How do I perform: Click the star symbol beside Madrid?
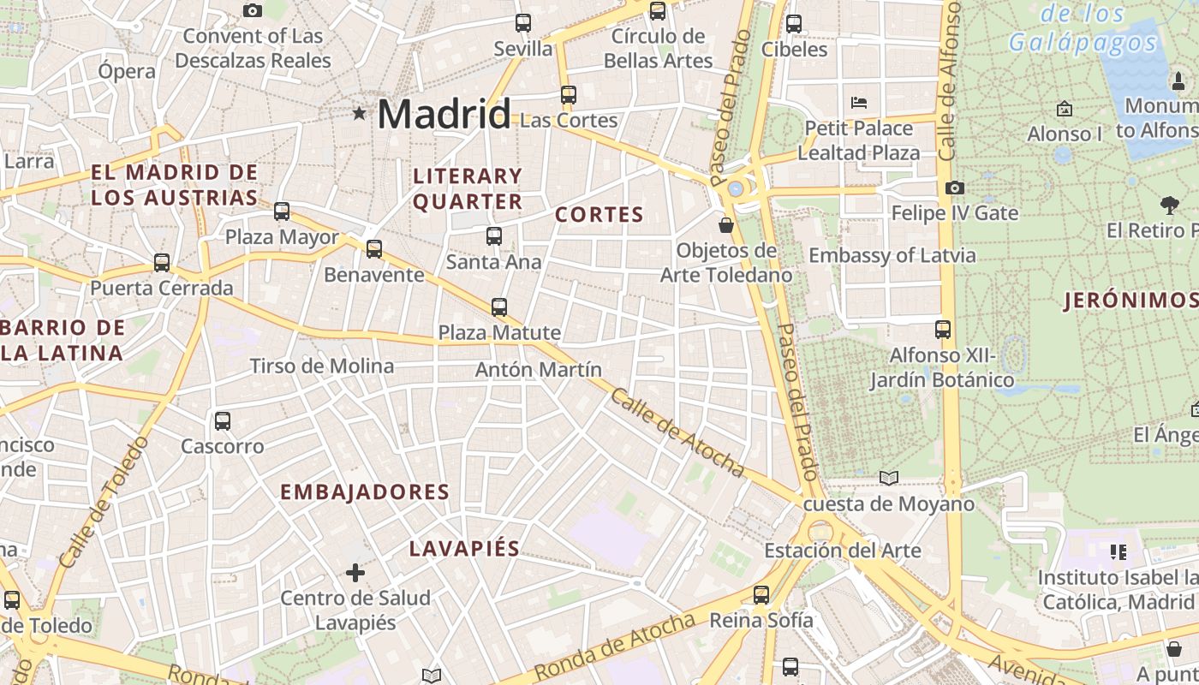(359, 113)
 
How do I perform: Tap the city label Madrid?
(444, 114)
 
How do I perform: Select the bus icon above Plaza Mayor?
(282, 211)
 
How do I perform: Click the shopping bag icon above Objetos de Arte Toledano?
(726, 225)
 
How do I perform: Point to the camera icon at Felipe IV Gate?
(954, 188)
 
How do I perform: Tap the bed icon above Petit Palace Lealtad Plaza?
(859, 103)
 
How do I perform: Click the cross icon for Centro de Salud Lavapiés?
(355, 572)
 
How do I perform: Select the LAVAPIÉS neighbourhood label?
(464, 549)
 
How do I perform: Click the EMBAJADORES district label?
(365, 491)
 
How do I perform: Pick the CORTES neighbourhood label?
(599, 215)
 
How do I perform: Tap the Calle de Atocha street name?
(677, 432)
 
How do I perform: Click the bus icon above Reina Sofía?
(761, 595)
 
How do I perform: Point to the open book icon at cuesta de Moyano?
(889, 478)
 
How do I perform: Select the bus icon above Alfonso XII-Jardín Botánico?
(942, 330)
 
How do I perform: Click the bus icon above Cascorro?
(223, 420)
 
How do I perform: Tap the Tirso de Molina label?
(322, 366)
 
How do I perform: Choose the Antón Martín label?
(539, 370)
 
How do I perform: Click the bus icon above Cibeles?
(794, 23)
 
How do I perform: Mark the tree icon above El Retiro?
(1169, 205)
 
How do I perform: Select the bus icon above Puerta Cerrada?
(162, 263)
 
